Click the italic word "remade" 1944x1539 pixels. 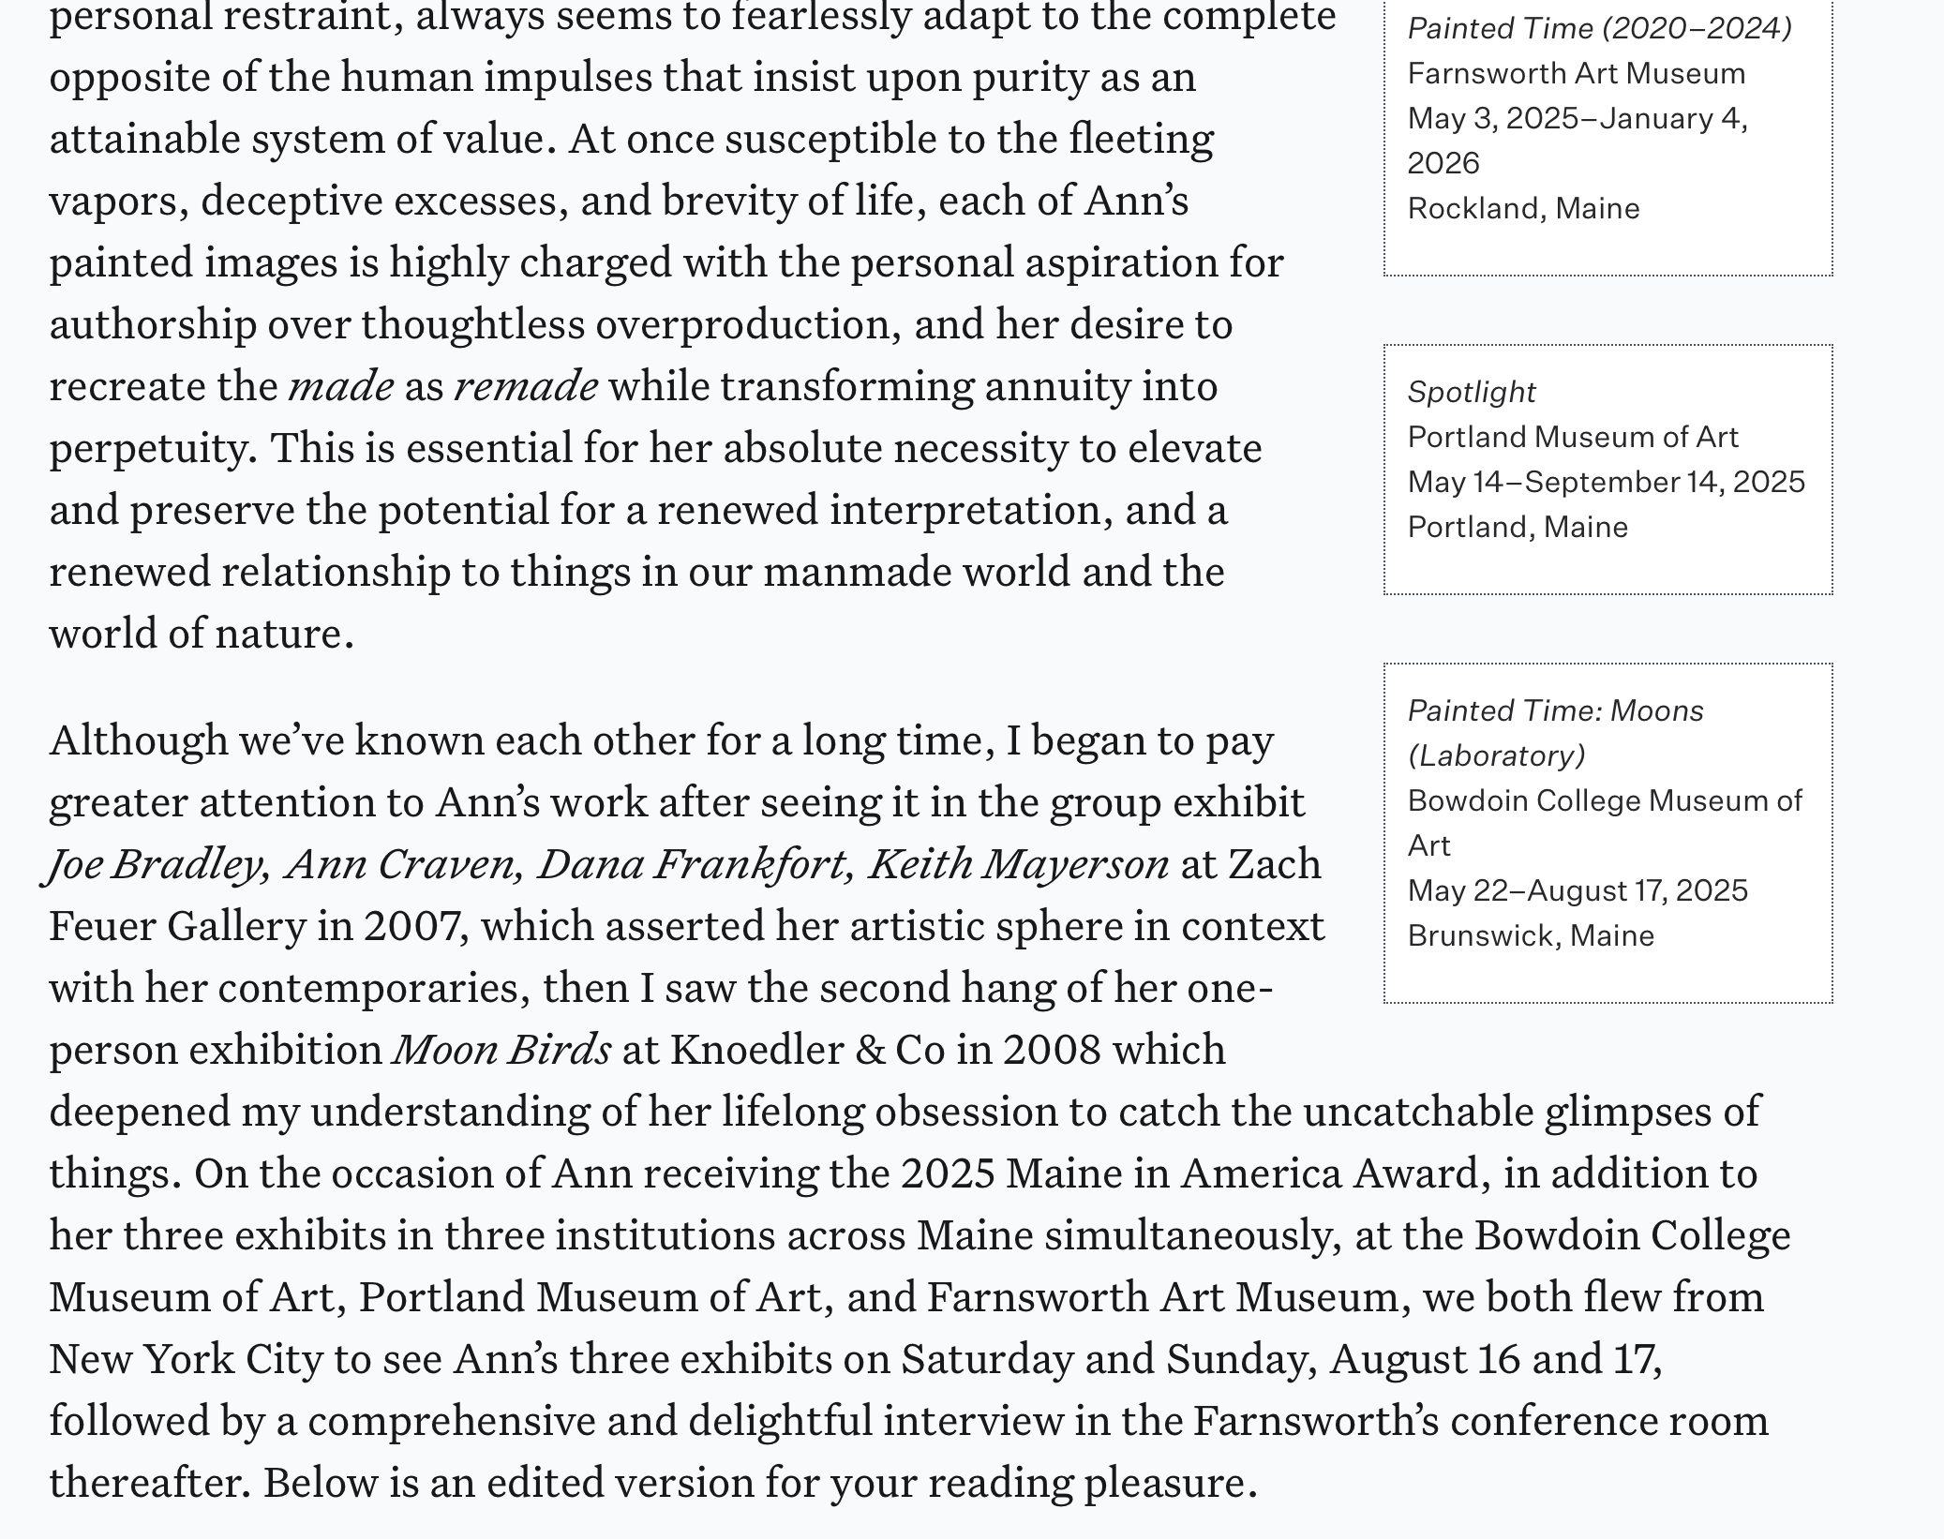(x=526, y=386)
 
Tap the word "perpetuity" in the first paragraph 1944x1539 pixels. (x=151, y=449)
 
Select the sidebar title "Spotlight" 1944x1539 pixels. (x=1472, y=392)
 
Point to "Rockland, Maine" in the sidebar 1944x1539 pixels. (x=1523, y=208)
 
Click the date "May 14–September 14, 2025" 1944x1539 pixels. (x=1606, y=482)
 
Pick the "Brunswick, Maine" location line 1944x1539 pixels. (x=1531, y=935)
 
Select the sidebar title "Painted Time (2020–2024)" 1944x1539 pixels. (x=1599, y=28)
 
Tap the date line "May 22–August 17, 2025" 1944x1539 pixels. (x=1578, y=890)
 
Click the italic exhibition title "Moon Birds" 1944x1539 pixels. (x=502, y=1050)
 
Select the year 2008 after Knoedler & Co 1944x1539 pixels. (x=1052, y=1050)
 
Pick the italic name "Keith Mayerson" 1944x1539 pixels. (x=1018, y=864)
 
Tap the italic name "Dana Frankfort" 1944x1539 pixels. (x=695, y=864)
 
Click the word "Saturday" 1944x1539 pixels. (x=987, y=1359)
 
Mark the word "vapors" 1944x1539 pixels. (x=113, y=201)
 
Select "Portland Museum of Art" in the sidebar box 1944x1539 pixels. (x=1573, y=437)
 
